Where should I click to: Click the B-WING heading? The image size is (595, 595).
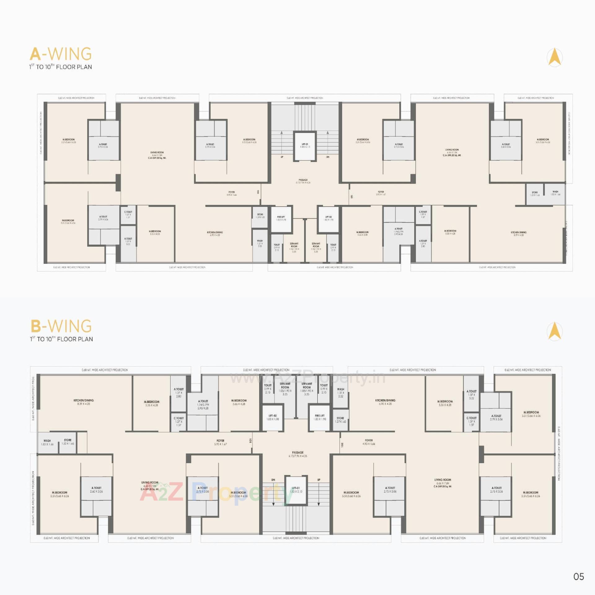61,326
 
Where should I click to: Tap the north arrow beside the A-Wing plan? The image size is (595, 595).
555,58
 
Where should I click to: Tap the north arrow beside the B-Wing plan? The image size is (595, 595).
555,331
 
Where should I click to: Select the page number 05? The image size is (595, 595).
579,576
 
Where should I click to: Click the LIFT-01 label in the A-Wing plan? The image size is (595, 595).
305,145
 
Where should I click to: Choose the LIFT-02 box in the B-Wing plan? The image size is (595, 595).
272,417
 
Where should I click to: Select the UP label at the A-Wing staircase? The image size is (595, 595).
282,157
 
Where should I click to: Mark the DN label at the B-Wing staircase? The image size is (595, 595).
273,480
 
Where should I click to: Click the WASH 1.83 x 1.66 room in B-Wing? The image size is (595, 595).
47,442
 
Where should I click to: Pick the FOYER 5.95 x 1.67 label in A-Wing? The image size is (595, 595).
381,193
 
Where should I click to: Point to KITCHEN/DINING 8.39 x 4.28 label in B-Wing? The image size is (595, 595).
83,402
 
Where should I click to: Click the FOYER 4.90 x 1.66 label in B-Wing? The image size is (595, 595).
369,442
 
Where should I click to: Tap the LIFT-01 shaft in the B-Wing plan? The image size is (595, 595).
296,490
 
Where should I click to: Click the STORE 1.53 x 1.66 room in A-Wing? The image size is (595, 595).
535,194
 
